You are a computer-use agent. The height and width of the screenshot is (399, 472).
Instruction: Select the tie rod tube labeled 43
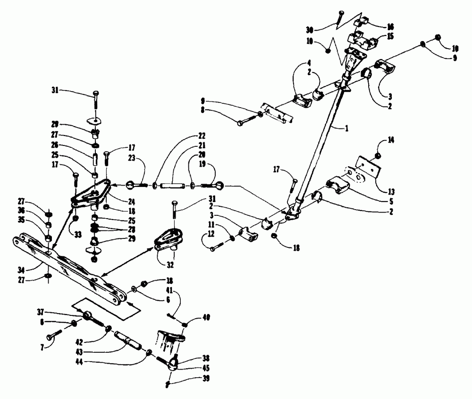[x=127, y=340]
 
